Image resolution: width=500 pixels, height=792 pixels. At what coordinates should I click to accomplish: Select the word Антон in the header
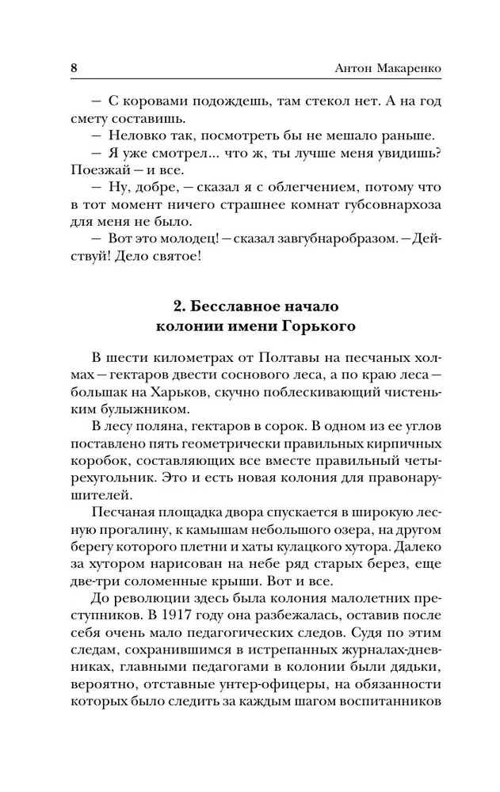[x=346, y=68]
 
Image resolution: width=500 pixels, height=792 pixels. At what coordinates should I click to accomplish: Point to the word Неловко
[x=132, y=136]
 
